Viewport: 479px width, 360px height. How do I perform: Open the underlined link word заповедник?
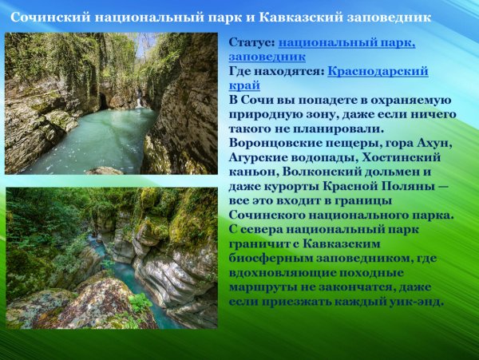267,57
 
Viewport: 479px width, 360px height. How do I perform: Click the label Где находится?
275,71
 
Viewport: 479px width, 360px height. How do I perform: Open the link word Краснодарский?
378,71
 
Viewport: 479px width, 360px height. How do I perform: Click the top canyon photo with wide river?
112,103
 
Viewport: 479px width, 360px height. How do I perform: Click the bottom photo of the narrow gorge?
112,258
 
